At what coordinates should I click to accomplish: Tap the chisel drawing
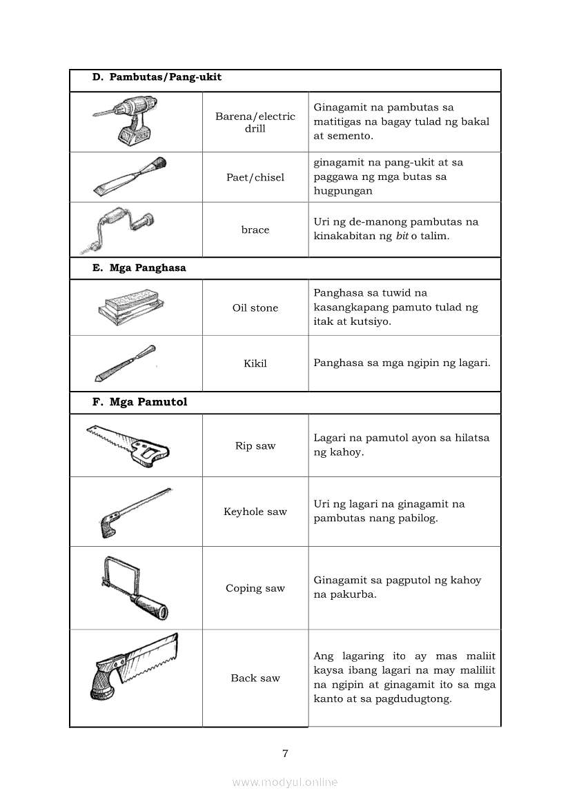click(130, 177)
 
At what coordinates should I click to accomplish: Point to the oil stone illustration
click(131, 308)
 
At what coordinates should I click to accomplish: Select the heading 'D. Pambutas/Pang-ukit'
click(157, 77)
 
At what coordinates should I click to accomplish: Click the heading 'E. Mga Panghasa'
click(139, 268)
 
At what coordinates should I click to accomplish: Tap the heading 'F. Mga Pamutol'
click(139, 402)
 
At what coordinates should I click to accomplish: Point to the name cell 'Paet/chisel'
click(255, 177)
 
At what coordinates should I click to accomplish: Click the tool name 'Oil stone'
click(255, 308)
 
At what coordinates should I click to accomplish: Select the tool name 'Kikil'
click(255, 363)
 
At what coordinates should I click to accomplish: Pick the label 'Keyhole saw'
click(255, 512)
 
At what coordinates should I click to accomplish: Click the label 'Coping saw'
click(255, 588)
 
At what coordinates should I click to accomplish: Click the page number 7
click(285, 753)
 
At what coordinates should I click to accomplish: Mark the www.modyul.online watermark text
click(285, 782)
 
